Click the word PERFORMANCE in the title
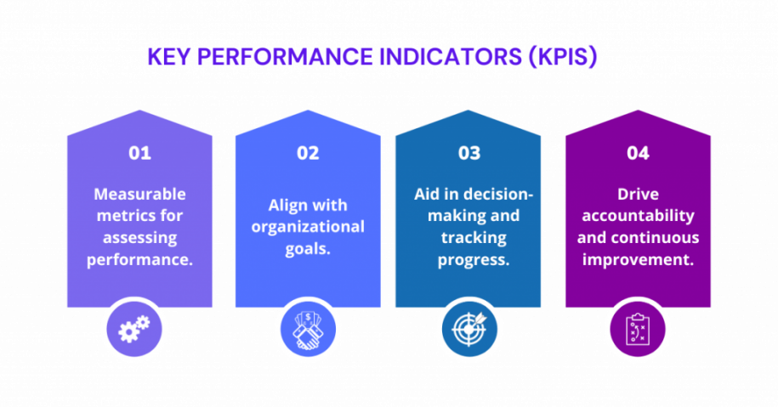(285, 57)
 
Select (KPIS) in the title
(563, 57)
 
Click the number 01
(140, 153)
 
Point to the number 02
(308, 153)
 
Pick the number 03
(469, 153)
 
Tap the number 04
(638, 153)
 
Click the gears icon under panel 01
(134, 329)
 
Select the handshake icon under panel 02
(308, 330)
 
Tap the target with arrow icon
(469, 329)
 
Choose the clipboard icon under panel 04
(638, 330)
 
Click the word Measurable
(140, 194)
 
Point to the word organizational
(308, 227)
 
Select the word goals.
(308, 249)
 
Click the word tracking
(474, 238)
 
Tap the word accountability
(638, 216)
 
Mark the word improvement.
(638, 260)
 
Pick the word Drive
(638, 194)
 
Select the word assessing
(140, 238)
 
